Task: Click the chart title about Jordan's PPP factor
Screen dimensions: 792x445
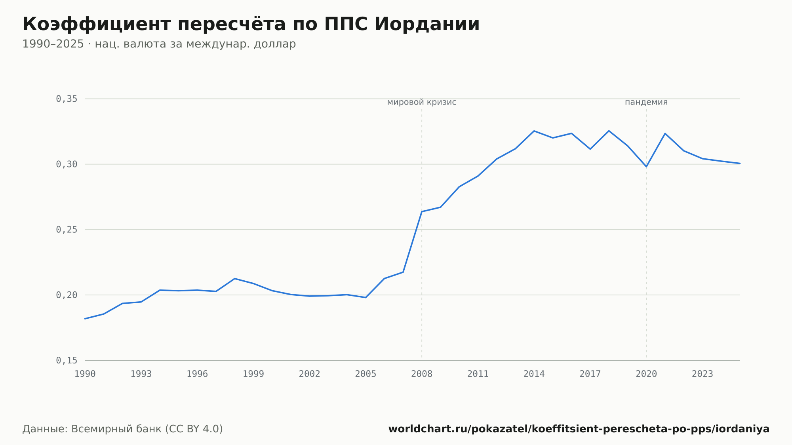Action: [x=251, y=24]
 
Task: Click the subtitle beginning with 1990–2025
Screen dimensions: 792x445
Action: [x=159, y=44]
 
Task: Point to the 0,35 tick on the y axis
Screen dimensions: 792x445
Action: [x=67, y=99]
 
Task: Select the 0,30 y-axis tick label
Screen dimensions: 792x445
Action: [x=67, y=164]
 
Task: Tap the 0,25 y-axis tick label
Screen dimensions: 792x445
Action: [x=67, y=230]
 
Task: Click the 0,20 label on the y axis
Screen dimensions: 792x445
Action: [x=67, y=295]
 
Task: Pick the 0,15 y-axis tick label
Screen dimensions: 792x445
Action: [x=67, y=360]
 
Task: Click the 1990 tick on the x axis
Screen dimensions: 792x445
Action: [x=85, y=374]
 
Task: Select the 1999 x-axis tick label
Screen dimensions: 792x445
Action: [x=253, y=374]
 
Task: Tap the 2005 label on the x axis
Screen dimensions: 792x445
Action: [x=366, y=374]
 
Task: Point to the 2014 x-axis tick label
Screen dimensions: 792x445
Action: [x=534, y=374]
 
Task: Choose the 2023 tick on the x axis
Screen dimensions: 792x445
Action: [x=703, y=374]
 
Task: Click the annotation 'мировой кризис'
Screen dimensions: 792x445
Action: [x=422, y=103]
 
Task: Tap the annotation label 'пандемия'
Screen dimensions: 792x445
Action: [x=646, y=103]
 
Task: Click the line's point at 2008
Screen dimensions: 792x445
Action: [x=422, y=211]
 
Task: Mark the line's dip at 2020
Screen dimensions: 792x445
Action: [x=646, y=167]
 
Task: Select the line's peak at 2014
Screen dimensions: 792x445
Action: [x=534, y=131]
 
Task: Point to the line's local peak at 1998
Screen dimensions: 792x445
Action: [x=235, y=279]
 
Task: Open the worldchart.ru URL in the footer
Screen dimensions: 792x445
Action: [x=579, y=429]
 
